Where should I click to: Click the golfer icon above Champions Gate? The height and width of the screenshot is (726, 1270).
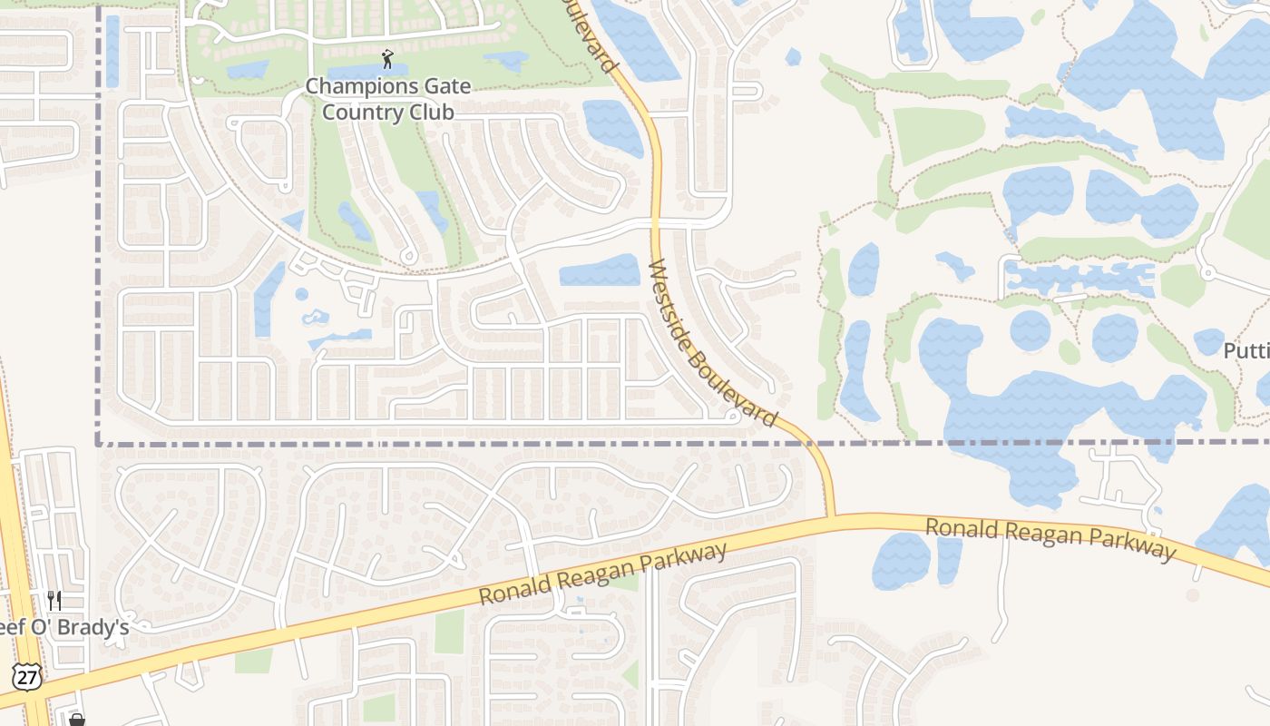pos(388,60)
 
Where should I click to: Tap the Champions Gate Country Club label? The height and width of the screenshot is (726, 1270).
pos(388,99)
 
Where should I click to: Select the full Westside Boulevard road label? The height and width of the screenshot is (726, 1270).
pos(714,344)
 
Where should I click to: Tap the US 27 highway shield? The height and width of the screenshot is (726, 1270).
pos(25,676)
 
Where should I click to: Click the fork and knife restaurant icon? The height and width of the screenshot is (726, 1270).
pos(54,600)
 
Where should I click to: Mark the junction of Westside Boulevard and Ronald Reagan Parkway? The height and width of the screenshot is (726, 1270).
pos(831,518)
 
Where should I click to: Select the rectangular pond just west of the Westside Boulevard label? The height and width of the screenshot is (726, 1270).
pos(600,270)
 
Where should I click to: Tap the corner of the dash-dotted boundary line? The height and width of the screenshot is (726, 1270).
pos(98,445)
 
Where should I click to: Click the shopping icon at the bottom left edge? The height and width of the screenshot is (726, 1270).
pos(77,720)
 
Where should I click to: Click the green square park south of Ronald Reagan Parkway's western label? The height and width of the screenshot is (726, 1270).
pos(449,632)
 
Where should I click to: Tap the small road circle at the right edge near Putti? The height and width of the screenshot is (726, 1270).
pos(1206,271)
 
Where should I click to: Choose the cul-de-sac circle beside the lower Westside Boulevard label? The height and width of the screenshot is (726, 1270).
pos(733,417)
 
